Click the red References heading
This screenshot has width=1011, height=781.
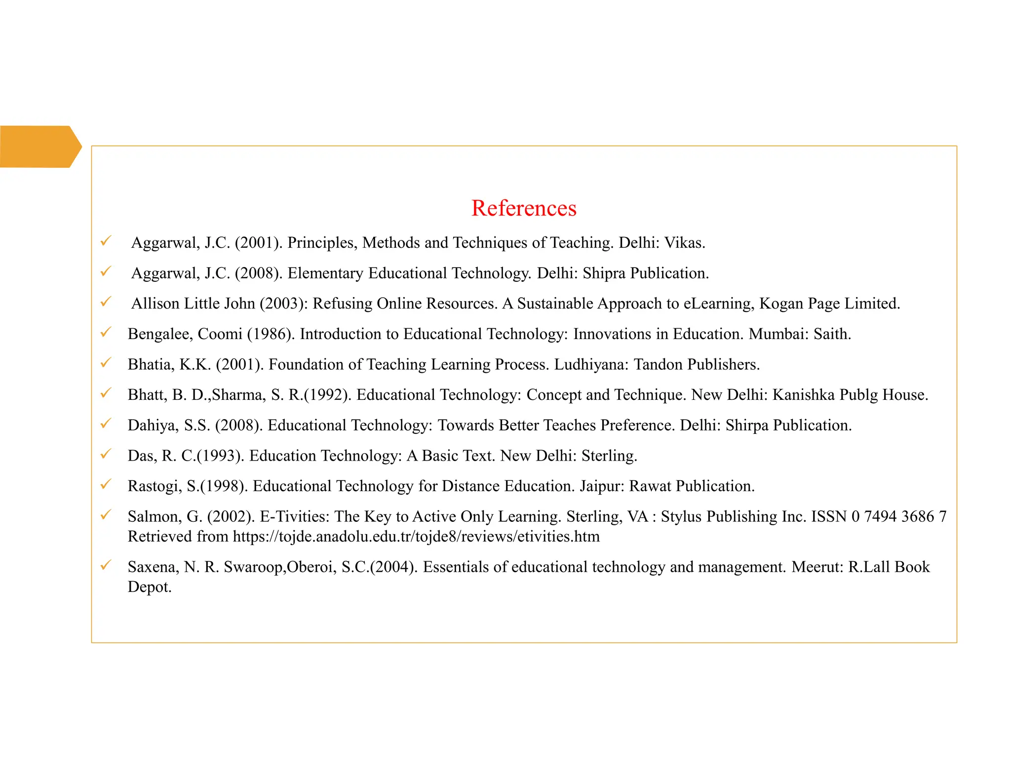(x=523, y=208)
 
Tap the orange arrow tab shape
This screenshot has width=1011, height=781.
(x=39, y=147)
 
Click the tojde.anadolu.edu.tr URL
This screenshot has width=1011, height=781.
(x=416, y=537)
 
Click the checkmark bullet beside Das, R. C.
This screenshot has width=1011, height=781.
(x=106, y=454)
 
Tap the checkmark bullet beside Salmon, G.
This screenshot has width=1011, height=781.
(x=106, y=515)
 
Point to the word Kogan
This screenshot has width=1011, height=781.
(x=781, y=304)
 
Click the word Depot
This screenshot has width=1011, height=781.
(x=149, y=587)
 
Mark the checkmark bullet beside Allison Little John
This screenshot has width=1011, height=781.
(x=106, y=302)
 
